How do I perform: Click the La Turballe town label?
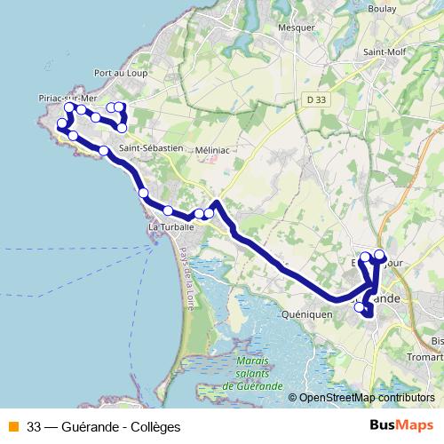(x=168, y=228)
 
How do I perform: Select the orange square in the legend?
(x=12, y=427)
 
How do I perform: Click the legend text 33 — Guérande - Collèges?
(x=104, y=427)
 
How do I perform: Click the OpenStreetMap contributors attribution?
(x=365, y=399)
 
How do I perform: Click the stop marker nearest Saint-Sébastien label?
(x=105, y=151)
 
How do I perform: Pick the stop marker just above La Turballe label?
(x=168, y=210)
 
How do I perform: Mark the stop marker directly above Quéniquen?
(x=360, y=308)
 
